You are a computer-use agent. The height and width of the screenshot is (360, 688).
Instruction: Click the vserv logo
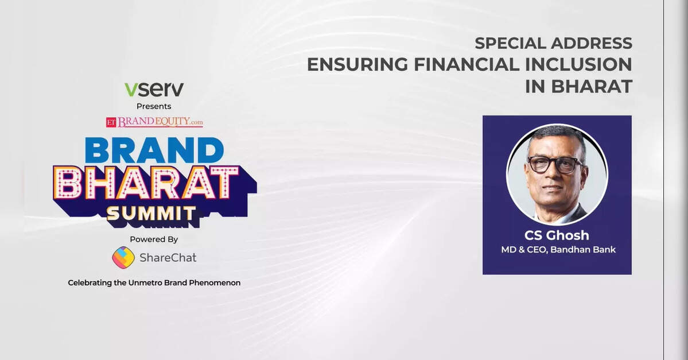pos(154,89)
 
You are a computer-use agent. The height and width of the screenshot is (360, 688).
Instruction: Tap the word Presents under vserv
pos(154,106)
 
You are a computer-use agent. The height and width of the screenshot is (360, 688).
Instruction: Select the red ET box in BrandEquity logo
pos(111,122)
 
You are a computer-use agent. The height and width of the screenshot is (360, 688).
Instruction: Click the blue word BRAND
pos(154,150)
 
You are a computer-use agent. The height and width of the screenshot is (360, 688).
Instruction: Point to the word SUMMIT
pos(151,214)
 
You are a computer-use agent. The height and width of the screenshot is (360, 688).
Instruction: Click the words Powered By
pos(154,239)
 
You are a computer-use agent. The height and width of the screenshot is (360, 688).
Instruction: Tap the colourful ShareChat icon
pos(123,257)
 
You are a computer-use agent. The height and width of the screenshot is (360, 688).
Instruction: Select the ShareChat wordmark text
pos(168,258)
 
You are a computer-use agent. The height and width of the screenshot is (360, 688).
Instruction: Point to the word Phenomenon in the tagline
pos(215,282)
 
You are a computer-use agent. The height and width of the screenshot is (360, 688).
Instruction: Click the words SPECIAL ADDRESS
pos(553,43)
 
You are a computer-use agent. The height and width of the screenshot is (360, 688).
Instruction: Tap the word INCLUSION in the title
pos(578,64)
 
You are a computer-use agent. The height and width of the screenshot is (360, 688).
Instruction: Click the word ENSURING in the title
pos(357,64)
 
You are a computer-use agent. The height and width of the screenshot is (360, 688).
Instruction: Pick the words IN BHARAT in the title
pos(579,87)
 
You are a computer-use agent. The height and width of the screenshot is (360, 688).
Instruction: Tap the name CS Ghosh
pos(557,235)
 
